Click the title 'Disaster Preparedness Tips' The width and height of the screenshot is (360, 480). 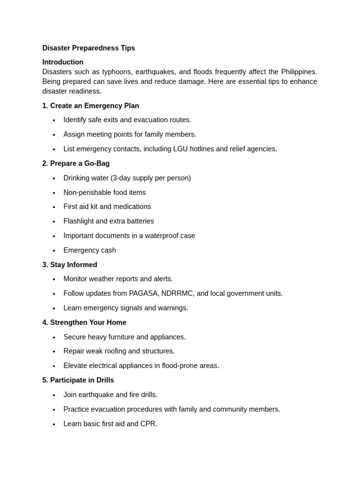coord(89,48)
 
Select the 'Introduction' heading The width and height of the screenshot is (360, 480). coord(63,62)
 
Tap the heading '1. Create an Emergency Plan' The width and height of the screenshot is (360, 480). coord(90,105)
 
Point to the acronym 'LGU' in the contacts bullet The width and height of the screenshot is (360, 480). coord(180,149)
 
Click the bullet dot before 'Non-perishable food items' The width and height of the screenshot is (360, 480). coord(54,193)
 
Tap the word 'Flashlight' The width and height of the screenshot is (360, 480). coord(78,221)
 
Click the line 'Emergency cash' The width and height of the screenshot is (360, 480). coord(90,250)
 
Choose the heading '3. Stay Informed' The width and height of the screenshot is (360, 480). coord(70,265)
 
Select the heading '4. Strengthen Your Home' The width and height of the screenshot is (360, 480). coord(84,322)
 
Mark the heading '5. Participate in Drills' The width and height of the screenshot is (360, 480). coord(78,380)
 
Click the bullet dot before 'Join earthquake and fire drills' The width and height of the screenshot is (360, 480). coord(54,395)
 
